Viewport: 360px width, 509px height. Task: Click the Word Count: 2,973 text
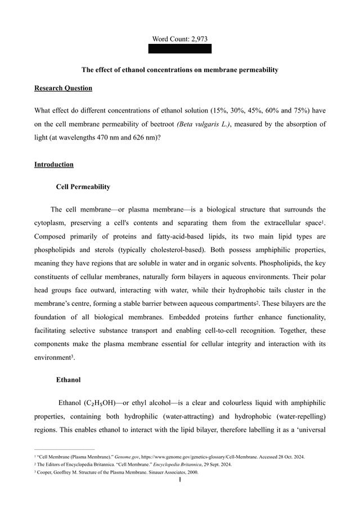(x=179, y=39)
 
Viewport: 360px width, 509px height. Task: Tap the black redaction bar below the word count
(x=179, y=49)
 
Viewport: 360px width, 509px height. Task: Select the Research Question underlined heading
(x=63, y=88)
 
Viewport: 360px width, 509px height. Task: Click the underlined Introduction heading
(x=53, y=165)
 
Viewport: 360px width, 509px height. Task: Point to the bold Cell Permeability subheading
(x=83, y=187)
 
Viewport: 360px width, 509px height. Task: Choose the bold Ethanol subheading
(x=68, y=380)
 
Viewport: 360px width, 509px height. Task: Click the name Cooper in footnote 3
(x=47, y=472)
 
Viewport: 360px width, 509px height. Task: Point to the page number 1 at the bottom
(x=179, y=481)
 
